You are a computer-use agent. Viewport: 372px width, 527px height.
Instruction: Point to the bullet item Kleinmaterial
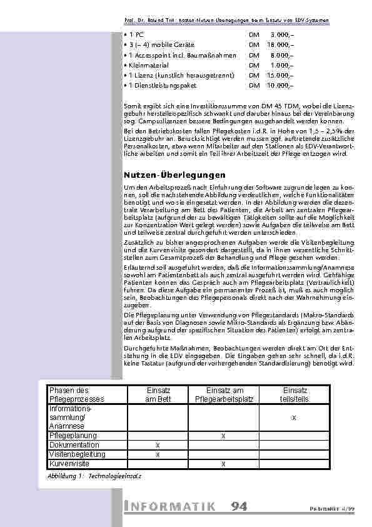[146, 64]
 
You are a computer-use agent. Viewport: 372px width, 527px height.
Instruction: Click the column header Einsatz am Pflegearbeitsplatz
[223, 394]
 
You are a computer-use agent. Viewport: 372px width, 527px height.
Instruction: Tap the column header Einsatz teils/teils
[294, 394]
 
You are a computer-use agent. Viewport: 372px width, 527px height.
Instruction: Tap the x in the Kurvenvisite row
[223, 464]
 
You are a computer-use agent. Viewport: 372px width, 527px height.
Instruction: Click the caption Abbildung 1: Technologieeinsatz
[94, 477]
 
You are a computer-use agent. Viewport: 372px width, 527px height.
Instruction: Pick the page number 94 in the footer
[238, 506]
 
